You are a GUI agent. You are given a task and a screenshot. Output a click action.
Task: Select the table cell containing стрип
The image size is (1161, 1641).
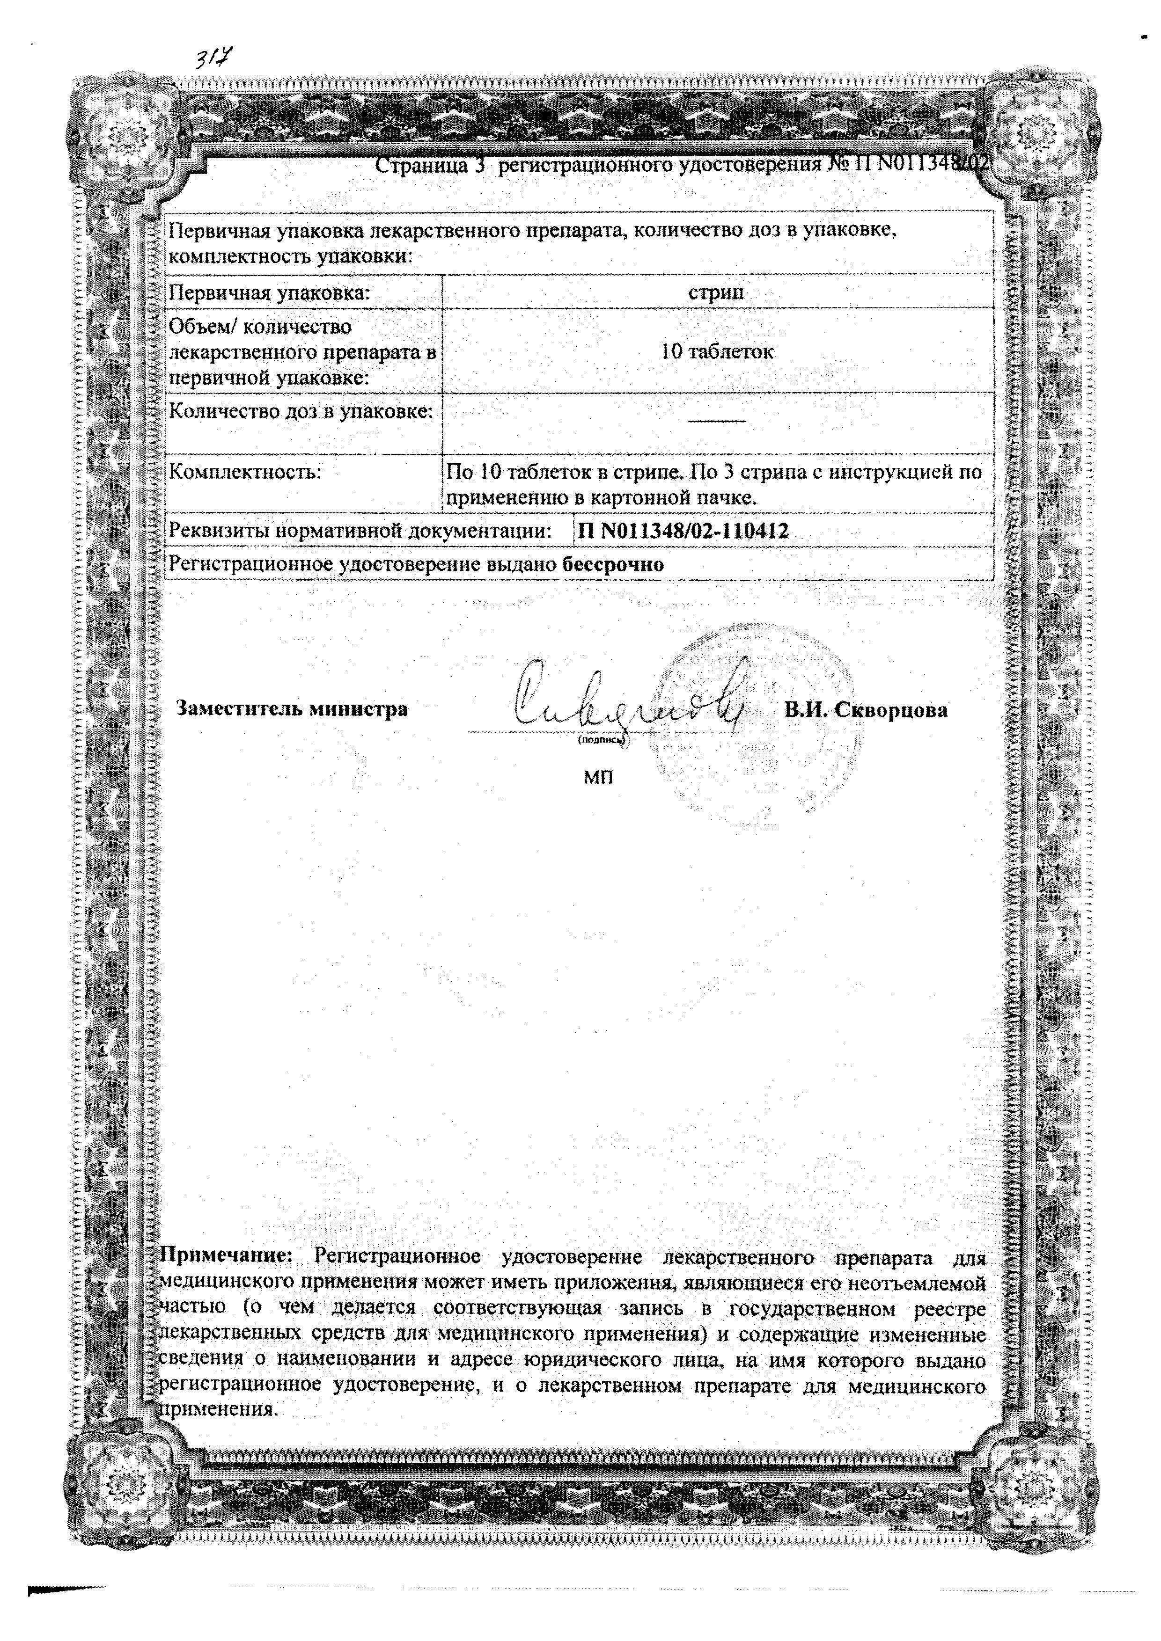[716, 292]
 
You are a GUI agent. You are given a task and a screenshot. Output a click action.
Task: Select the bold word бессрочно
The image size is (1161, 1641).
[613, 565]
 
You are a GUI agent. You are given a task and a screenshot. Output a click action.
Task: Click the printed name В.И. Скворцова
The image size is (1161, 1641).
[866, 710]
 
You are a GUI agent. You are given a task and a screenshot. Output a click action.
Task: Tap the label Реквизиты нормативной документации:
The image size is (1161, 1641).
[360, 531]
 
